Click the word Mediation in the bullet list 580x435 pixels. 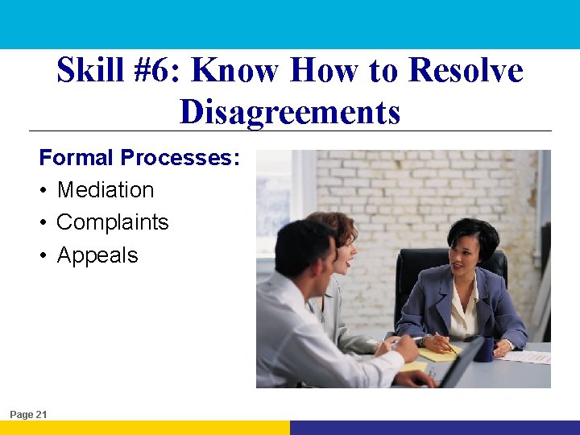point(106,190)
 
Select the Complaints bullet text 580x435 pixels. point(113,222)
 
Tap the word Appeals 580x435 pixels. point(97,255)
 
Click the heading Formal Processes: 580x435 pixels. point(139,157)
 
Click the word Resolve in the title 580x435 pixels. point(466,71)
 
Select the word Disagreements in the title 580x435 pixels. point(290,111)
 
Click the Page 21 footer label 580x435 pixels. point(28,414)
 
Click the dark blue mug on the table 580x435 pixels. point(483,349)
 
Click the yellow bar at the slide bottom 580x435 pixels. point(145,427)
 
